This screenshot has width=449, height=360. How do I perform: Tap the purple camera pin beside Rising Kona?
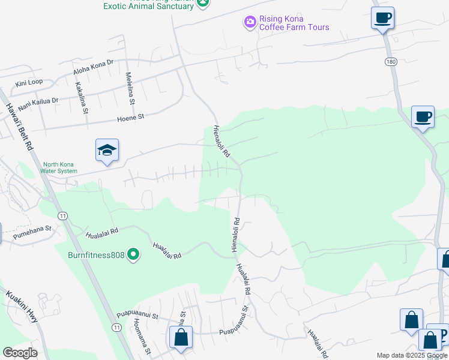250,22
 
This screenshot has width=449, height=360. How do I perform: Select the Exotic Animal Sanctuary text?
148,6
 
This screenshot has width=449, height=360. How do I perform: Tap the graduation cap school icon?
107,151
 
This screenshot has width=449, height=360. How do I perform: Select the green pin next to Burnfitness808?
133,256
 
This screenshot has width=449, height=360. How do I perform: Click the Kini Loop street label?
29,82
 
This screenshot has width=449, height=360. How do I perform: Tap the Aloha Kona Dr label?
93,70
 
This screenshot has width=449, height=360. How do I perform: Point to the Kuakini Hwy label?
23,307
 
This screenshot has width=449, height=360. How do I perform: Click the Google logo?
20,353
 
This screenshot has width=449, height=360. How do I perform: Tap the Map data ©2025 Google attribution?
412,356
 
